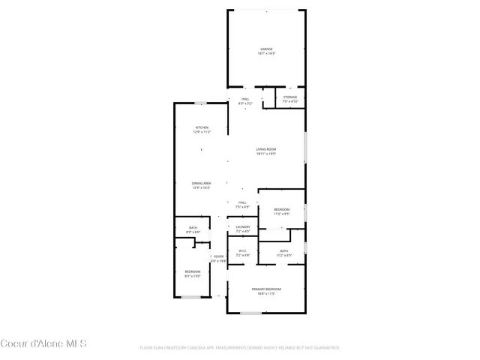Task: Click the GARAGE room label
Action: pos(267,49)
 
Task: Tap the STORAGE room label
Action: pos(290,97)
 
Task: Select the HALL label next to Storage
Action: pos(245,99)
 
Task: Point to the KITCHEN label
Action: pos(202,127)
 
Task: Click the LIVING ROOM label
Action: pos(266,149)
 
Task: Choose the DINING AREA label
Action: pos(202,183)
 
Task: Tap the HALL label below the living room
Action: pos(242,202)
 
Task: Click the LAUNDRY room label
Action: pos(242,226)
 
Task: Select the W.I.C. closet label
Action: pos(242,251)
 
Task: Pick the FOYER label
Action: pos(218,256)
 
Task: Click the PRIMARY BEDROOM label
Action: pos(266,289)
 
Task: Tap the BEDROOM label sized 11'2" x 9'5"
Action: pos(281,209)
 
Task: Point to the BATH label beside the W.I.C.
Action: pos(283,251)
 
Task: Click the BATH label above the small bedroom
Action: pos(193,228)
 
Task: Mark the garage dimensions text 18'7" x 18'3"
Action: pos(267,54)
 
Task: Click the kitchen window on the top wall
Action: pos(201,103)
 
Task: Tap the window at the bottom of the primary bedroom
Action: pos(250,312)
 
